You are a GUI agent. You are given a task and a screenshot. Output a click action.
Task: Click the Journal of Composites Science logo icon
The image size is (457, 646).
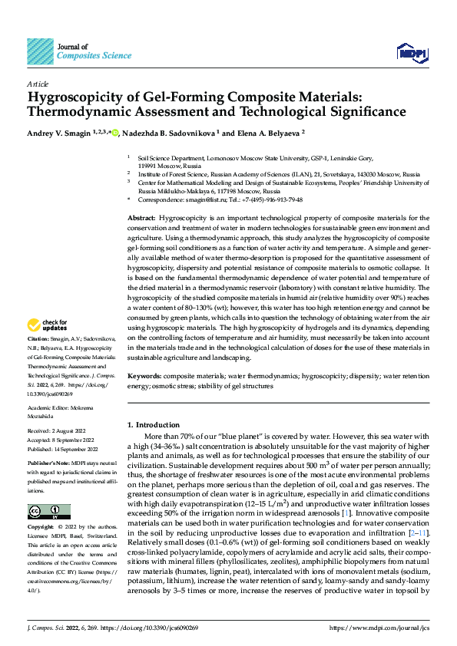[40, 51]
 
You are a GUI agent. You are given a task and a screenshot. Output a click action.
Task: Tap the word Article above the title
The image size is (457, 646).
[38, 83]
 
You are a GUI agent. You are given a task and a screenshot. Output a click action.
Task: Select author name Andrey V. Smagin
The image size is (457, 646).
[58, 133]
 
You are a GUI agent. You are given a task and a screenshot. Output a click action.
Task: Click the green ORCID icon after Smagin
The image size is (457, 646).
[137, 133]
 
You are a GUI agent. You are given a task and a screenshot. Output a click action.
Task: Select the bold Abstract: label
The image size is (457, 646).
[141, 219]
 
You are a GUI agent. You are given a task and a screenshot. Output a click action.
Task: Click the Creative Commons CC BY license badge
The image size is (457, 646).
[48, 511]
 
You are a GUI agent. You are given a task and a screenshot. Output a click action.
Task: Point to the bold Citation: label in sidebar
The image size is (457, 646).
[40, 359]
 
